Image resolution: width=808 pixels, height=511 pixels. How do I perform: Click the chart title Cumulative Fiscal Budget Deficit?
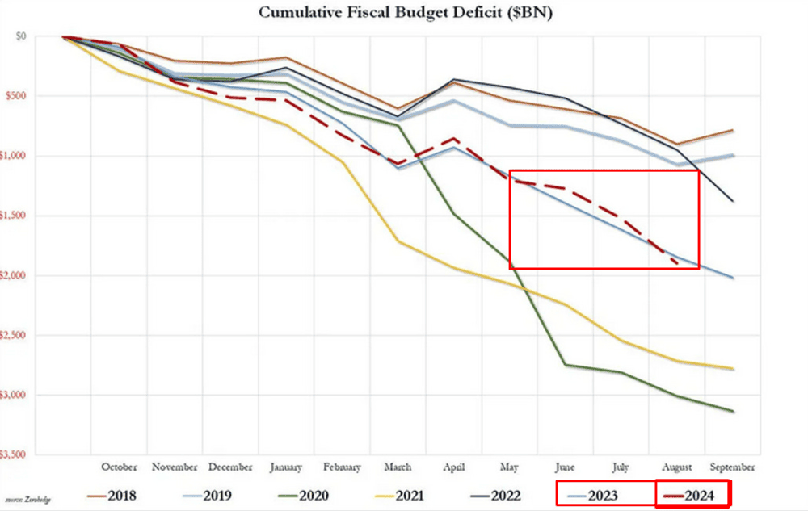tap(403, 13)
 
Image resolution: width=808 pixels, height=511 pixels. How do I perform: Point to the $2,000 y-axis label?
tap(12, 275)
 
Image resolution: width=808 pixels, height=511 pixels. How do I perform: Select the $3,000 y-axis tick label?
tap(12, 395)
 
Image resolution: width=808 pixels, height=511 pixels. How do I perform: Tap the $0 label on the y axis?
tap(20, 36)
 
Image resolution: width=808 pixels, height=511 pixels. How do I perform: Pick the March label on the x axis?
tap(397, 467)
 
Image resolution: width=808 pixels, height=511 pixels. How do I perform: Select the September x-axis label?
tap(732, 467)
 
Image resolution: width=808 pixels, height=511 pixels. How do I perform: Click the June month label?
tap(566, 467)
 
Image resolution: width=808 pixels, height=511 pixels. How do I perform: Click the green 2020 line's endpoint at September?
tap(733, 412)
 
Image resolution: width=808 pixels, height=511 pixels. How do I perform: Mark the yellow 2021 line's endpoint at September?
tap(733, 369)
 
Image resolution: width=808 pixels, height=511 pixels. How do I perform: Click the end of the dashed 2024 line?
tap(677, 263)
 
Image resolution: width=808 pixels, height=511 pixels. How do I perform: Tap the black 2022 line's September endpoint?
tap(733, 201)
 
